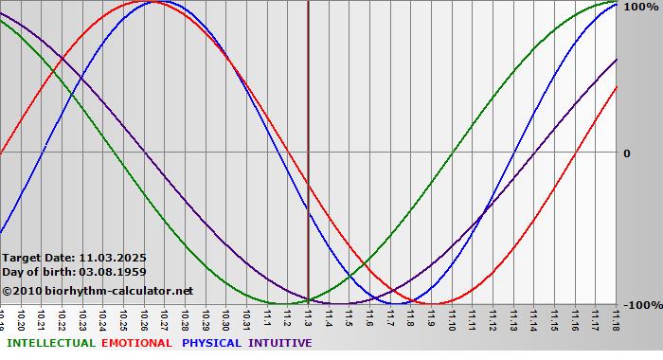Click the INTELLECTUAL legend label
50,343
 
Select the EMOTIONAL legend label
136,343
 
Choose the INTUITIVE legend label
279,343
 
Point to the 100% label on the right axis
638,7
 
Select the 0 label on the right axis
626,153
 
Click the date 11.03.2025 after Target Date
113,257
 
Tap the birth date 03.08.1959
113,272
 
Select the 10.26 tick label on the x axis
144,318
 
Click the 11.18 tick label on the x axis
617,318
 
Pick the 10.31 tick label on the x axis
246,318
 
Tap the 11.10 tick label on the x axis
453,318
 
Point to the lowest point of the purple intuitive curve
340,304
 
